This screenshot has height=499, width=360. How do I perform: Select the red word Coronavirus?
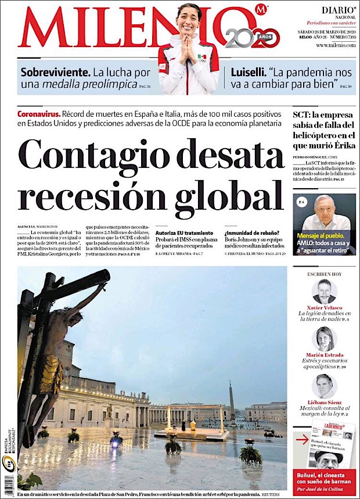coord(38,114)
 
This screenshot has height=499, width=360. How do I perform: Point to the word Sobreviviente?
coord(55,73)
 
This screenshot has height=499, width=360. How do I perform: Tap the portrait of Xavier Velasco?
coord(324,292)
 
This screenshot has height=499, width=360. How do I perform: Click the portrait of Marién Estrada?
coord(324,339)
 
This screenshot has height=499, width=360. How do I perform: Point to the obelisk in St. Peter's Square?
coord(232,401)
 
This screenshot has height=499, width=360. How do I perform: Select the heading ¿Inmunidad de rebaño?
coord(252,232)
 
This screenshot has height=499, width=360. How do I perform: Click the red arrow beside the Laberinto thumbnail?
coord(301,440)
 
